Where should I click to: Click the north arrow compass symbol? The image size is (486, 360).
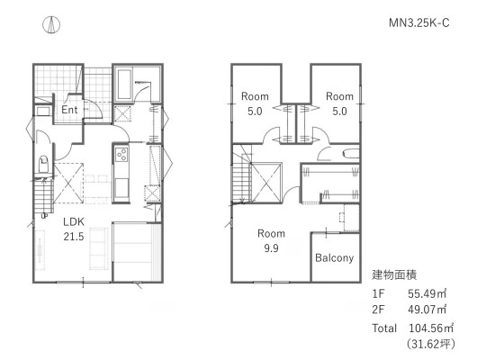pyautogui.click(x=51, y=25)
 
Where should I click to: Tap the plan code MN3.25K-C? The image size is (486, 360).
pyautogui.click(x=419, y=23)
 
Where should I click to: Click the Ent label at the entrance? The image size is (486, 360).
pyautogui.click(x=69, y=110)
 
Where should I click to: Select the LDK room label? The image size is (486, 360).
pyautogui.click(x=74, y=221)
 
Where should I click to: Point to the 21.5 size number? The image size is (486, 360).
pyautogui.click(x=74, y=237)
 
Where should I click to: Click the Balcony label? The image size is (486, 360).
pyautogui.click(x=335, y=258)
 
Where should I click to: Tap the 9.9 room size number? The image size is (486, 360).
pyautogui.click(x=271, y=248)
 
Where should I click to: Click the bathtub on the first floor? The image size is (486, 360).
pyautogui.click(x=124, y=84)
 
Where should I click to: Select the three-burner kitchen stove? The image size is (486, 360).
pyautogui.click(x=121, y=154)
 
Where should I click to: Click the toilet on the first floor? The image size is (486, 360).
pyautogui.click(x=43, y=165)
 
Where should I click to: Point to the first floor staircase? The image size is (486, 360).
pyautogui.click(x=43, y=196)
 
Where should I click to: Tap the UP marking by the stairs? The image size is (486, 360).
pyautogui.click(x=44, y=216)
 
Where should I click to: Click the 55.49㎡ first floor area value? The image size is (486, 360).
pyautogui.click(x=427, y=293)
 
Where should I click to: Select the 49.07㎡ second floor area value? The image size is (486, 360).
pyautogui.click(x=427, y=309)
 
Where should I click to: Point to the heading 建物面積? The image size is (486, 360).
pyautogui.click(x=394, y=275)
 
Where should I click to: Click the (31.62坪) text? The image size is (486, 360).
pyautogui.click(x=431, y=344)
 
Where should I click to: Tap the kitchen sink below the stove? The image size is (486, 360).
pyautogui.click(x=121, y=188)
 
